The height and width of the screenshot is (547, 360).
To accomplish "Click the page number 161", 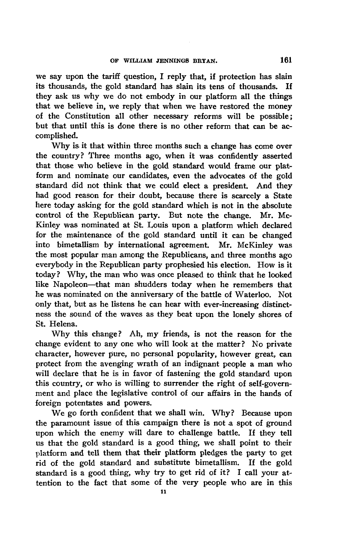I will [286, 60].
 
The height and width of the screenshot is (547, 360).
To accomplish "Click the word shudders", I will [162, 285].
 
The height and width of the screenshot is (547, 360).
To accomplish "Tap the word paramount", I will [69, 423].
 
